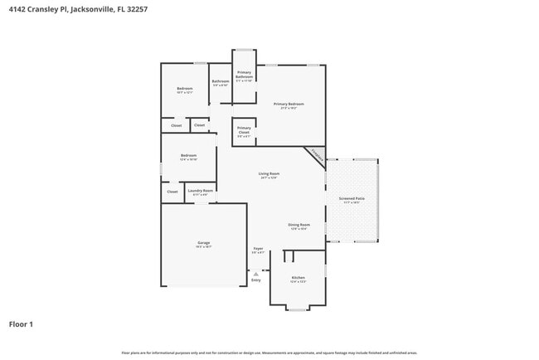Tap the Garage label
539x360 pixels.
[203, 244]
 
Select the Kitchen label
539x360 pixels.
[298, 278]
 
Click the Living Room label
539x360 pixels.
[269, 174]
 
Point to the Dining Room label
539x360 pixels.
[299, 225]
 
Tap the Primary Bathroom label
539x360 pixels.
[244, 75]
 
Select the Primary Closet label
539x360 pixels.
[244, 129]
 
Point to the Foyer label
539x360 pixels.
[259, 249]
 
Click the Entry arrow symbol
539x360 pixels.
[255, 274]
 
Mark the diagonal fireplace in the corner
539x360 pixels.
[316, 155]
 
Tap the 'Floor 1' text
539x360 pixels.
[21, 324]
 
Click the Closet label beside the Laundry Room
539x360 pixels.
[172, 192]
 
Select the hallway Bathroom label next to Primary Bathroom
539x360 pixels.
[220, 81]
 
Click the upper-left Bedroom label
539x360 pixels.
[184, 89]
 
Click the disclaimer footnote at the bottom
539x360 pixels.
[269, 353]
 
